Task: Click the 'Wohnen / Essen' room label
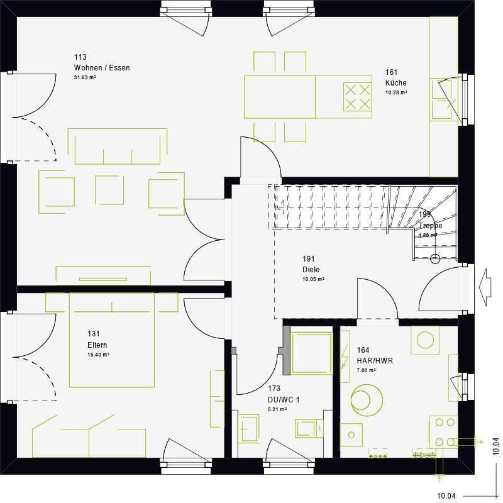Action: (101, 68)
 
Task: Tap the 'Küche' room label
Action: (396, 83)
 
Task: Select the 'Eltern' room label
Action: (97, 345)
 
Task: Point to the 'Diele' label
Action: (311, 270)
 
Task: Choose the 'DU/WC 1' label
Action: (283, 399)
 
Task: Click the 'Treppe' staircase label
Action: (430, 225)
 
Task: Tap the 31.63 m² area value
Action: (85, 77)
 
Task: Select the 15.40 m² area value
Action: (99, 355)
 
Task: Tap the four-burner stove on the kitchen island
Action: (357, 96)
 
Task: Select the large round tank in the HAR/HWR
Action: (366, 400)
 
